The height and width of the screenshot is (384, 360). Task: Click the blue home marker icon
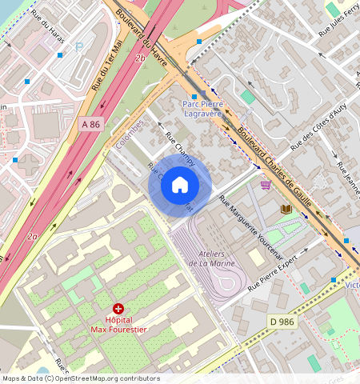180,186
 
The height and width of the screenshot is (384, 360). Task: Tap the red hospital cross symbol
119,308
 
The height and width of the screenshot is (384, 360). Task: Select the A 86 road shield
90,124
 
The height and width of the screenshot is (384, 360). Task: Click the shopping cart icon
265,184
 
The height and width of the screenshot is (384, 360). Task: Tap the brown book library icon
285,210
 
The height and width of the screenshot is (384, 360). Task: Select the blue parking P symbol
78,47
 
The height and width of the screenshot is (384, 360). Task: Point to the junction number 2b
141,58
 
